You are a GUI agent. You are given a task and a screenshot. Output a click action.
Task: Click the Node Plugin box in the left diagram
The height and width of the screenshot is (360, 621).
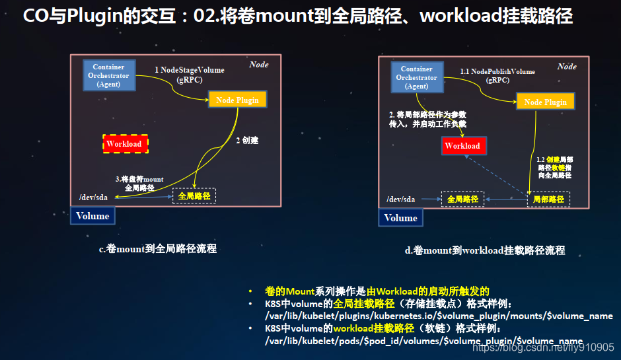pyautogui.click(x=238, y=99)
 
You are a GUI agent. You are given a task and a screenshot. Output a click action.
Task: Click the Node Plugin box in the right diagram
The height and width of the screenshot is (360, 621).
pyautogui.click(x=545, y=101)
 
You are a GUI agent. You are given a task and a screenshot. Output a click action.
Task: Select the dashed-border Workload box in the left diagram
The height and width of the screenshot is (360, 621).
pyautogui.click(x=125, y=144)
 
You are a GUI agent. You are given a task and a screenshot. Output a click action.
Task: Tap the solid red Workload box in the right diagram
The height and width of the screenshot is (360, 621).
pyautogui.click(x=464, y=146)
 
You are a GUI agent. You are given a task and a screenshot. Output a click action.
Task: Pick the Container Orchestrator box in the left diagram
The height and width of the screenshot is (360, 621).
pyautogui.click(x=109, y=75)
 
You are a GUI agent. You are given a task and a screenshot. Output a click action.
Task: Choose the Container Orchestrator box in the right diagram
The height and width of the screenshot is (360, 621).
pyautogui.click(x=417, y=77)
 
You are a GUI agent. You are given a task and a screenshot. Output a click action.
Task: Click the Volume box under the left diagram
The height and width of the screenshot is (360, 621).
pyautogui.click(x=92, y=216)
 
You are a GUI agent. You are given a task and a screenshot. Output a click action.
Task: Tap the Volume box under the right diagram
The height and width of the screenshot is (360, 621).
pyautogui.click(x=400, y=218)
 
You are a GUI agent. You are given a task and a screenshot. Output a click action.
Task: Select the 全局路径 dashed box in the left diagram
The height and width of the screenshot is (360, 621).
pyautogui.click(x=194, y=196)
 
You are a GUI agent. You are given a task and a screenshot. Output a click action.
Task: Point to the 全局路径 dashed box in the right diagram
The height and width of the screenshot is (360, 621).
pyautogui.click(x=462, y=199)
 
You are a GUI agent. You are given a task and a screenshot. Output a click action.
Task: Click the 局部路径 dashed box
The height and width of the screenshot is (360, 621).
pyautogui.click(x=548, y=199)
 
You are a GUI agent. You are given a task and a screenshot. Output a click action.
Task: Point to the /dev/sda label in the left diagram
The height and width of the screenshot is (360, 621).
pyautogui.click(x=93, y=198)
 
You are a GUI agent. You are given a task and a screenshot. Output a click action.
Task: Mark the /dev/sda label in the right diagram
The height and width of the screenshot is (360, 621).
pyautogui.click(x=401, y=199)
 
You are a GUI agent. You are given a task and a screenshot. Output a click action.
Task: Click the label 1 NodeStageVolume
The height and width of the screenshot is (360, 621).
pyautogui.click(x=190, y=70)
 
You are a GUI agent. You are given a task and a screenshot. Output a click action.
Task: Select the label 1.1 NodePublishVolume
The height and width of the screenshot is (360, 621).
pyautogui.click(x=497, y=72)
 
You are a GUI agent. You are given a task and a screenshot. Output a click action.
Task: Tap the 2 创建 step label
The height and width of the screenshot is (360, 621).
pyautogui.click(x=247, y=140)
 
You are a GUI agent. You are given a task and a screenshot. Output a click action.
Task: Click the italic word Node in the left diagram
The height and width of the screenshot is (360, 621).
pyautogui.click(x=259, y=65)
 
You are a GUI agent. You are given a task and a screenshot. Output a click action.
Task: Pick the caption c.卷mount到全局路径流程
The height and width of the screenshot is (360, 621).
pyautogui.click(x=158, y=249)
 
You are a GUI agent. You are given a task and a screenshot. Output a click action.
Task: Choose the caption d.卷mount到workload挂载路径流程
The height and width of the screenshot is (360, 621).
pyautogui.click(x=485, y=250)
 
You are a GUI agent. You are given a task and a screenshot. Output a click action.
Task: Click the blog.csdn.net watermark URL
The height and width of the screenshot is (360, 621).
pyautogui.click(x=543, y=347)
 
